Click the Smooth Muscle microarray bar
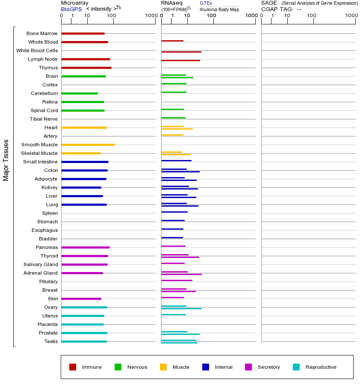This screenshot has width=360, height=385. coord(88,145)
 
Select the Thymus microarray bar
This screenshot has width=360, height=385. coord(86,68)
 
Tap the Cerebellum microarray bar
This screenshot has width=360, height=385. coord(80,93)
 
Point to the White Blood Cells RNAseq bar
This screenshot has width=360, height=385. coord(181,52)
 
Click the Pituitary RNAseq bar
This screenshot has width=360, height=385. coord(177,280)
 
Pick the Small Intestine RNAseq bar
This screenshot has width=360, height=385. coord(176,160)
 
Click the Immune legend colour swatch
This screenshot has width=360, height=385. coord(73,367)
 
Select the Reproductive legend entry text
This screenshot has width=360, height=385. coord(321,367)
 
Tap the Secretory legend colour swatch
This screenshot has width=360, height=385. coord(248,367)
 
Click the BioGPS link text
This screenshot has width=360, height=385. coord(71,9)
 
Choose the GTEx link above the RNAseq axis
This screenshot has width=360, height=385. coord(206,3)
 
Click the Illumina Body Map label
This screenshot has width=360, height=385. coord(219,9)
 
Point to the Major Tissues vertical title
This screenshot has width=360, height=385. coord(6,160)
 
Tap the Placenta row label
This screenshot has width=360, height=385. coord(47,324)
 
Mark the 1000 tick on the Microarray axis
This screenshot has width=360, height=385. coord(150,16)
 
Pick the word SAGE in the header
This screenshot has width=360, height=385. coord(269,3)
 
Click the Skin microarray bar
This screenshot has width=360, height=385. coord(81,299)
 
